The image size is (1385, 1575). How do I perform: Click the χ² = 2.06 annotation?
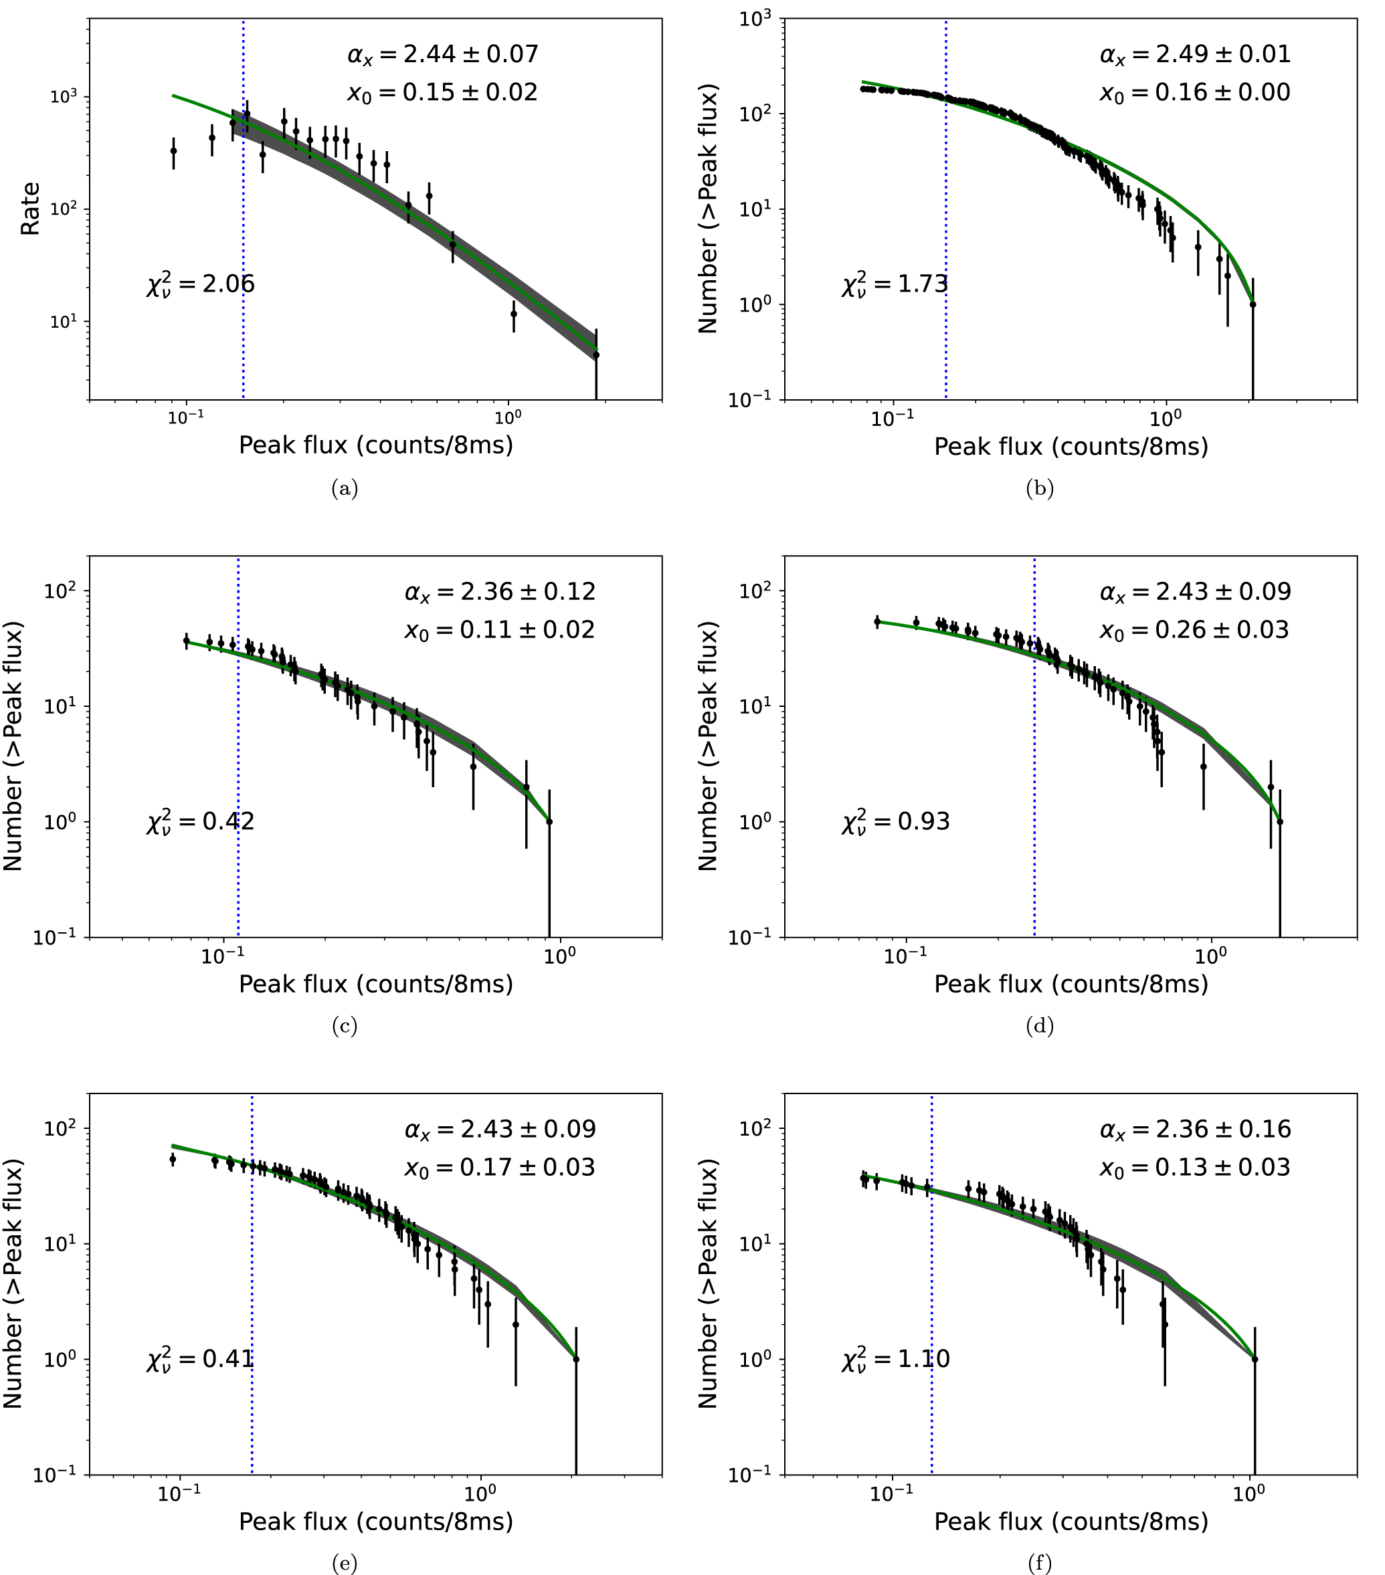200,284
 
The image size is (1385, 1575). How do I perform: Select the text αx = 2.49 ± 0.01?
1194,54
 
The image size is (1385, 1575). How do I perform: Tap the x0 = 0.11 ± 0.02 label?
499,630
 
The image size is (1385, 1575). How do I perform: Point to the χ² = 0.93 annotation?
896,821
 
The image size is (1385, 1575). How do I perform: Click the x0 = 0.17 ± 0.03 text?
499,1168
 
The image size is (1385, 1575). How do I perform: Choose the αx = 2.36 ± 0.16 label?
1194,1130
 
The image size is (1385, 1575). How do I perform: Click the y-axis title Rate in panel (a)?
30,209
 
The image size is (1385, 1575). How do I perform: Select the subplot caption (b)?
1039,488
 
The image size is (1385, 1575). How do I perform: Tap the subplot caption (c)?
344,1026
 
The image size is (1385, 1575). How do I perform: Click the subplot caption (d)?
1039,1026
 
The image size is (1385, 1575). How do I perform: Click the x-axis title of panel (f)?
1071,1521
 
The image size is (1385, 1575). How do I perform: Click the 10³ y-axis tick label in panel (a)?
63,97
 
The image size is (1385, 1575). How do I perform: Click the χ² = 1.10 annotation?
896,1358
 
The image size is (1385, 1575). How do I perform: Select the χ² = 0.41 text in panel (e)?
200,1358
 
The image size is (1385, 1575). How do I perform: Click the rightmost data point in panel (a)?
595,355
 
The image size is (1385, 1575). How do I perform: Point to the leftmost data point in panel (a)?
173,151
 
